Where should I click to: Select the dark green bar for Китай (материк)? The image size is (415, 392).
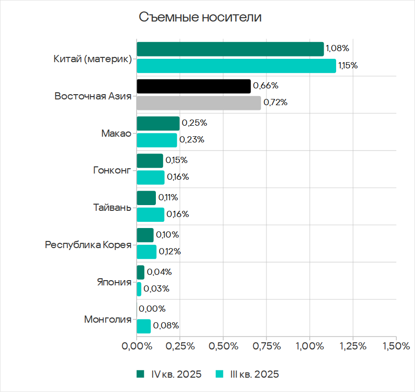(x=230, y=49)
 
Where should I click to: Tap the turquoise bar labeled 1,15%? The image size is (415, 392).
(x=236, y=65)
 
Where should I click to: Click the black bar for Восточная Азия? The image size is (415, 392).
(x=194, y=86)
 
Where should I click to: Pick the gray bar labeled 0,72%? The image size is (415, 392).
(x=199, y=103)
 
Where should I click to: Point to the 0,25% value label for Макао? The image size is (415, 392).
(x=194, y=123)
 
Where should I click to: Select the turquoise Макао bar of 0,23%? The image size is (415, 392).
(x=157, y=140)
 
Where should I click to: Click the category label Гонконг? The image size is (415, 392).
(x=112, y=170)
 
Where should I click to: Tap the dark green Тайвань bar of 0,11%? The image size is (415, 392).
(x=146, y=198)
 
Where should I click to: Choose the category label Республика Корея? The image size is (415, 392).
(x=88, y=245)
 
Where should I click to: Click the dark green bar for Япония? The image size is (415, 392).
(x=141, y=272)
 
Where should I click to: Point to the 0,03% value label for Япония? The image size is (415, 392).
(x=156, y=289)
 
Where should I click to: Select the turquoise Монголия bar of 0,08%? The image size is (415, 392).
(x=143, y=326)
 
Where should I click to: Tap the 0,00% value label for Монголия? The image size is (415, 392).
(x=152, y=309)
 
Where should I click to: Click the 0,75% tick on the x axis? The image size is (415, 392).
(x=267, y=346)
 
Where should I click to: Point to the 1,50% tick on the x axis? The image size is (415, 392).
(x=396, y=346)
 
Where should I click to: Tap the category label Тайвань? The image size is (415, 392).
(x=112, y=207)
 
